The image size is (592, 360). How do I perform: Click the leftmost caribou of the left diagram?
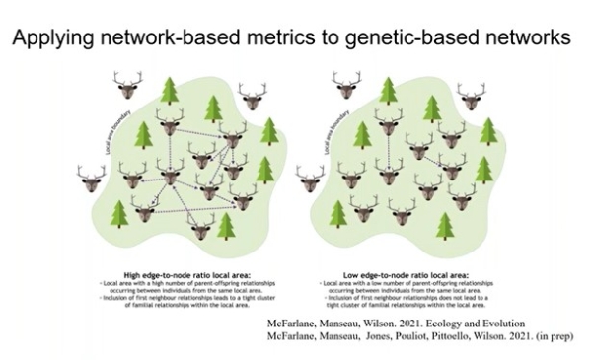[91, 179]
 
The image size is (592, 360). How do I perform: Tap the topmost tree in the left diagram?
[170, 91]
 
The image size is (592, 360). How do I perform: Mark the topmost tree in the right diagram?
[389, 91]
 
